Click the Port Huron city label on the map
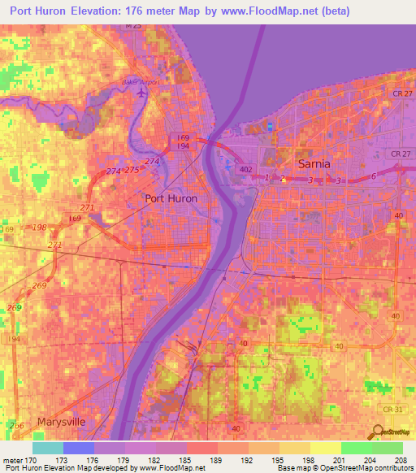(x=171, y=197)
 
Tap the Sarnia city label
(x=314, y=163)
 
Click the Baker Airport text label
(x=141, y=82)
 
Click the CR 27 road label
(x=399, y=154)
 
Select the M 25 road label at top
(x=133, y=26)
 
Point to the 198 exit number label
(x=38, y=227)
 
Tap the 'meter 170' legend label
(x=19, y=460)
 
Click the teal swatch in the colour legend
(x=48, y=448)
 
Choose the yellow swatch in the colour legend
(x=325, y=448)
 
